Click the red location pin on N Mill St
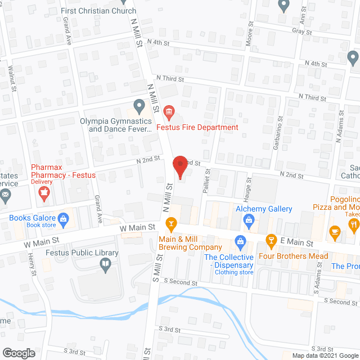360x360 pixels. click(x=179, y=166)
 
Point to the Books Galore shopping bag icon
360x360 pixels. click(x=64, y=218)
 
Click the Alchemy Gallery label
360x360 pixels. click(x=264, y=209)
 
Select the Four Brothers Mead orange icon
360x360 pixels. click(x=271, y=241)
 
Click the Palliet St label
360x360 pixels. click(x=206, y=179)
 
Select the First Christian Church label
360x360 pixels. click(x=107, y=11)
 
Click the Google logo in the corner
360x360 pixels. click(x=19, y=353)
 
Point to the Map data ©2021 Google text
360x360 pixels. click(x=324, y=355)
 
